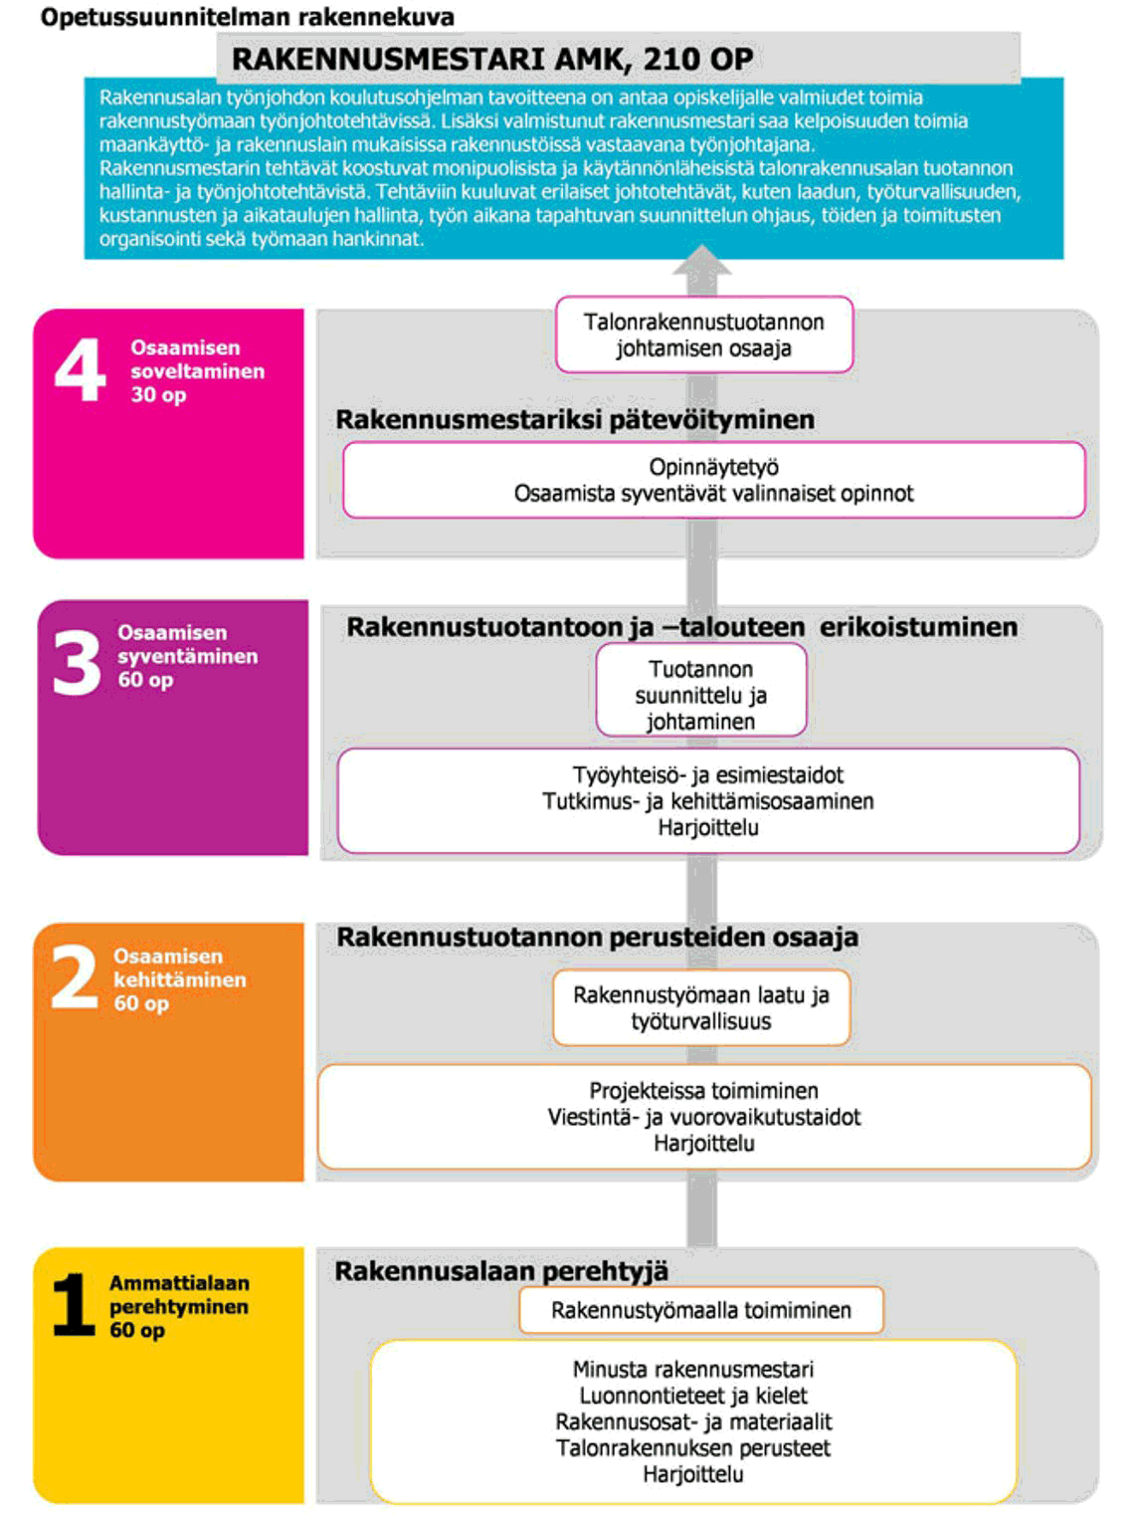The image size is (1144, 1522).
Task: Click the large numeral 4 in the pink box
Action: [x=80, y=368]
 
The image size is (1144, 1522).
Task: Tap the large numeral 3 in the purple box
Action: [x=77, y=663]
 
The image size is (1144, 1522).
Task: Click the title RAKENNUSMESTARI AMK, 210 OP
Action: [x=492, y=59]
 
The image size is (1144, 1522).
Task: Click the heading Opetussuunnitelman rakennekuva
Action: [x=247, y=17]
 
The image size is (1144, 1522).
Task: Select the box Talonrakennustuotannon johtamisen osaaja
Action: [x=704, y=334]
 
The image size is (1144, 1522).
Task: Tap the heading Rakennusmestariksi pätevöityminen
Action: [x=575, y=420]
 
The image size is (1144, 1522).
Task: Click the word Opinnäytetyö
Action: [x=713, y=467]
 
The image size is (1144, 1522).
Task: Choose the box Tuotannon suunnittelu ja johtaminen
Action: [x=701, y=695]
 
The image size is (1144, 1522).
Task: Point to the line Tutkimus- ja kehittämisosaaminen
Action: [x=708, y=801]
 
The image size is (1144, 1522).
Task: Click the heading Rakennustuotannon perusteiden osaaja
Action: [x=597, y=938]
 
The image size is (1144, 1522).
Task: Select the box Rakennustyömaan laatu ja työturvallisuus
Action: [x=701, y=1007]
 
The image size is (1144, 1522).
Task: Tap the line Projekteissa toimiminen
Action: [x=703, y=1091]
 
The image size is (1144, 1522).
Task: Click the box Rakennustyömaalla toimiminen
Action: [x=701, y=1310]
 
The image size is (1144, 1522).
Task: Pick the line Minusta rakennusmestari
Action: [x=693, y=1370]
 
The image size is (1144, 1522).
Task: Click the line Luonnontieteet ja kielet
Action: [x=693, y=1396]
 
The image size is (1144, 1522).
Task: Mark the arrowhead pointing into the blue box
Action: [x=701, y=262]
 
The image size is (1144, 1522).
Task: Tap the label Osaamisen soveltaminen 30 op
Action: [x=197, y=371]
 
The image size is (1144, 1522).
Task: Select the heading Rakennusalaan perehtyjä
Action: [x=501, y=1271]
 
